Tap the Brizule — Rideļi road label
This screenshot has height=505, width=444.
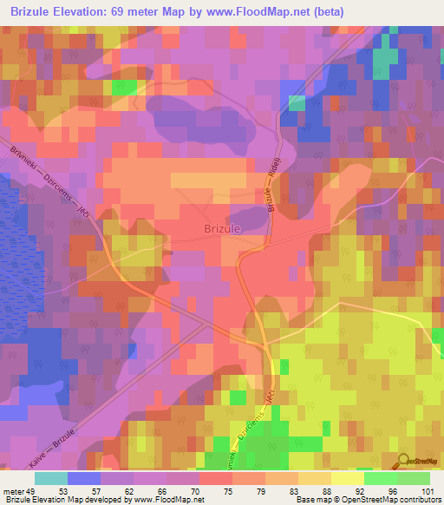coord(271,192)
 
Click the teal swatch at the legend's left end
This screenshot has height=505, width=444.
coord(51,478)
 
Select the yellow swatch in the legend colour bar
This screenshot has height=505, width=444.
coord(348,478)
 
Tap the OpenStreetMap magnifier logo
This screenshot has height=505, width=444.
coord(401,462)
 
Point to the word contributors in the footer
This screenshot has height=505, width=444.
coord(420,500)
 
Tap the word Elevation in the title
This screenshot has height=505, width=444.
coord(90,12)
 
